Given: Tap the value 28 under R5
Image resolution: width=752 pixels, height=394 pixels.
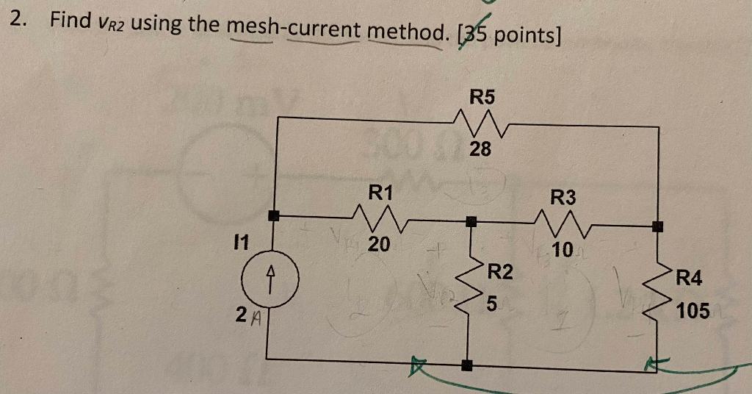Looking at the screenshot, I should point(480,150).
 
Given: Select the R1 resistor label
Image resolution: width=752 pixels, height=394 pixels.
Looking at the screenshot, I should point(380,193).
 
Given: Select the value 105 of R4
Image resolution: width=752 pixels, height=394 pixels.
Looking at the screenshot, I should point(693,311).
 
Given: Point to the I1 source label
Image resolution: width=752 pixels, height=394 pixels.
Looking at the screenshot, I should point(239,240).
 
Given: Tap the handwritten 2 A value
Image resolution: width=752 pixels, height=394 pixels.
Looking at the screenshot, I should point(247,318).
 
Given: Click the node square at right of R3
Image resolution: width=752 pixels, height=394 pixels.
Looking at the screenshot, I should point(658,226).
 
